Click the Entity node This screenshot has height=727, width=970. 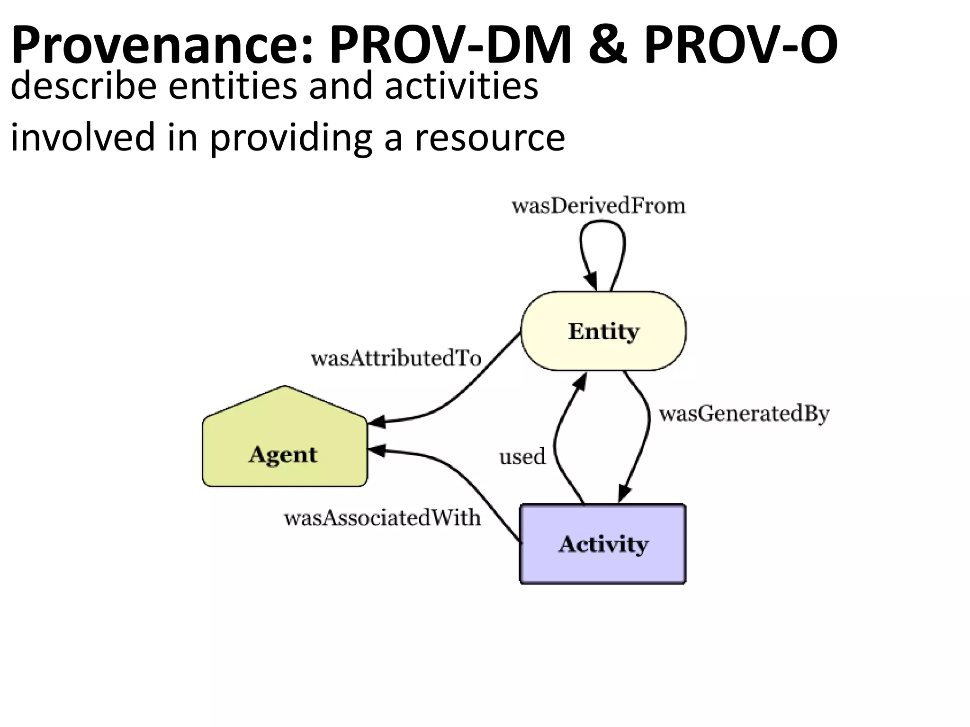coord(603,331)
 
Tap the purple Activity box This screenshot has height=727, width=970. coord(603,544)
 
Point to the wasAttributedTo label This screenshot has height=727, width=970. coord(396,359)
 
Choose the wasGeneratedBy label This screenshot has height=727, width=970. coord(744,414)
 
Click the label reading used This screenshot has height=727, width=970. coord(522,457)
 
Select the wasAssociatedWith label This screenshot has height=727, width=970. coord(382,518)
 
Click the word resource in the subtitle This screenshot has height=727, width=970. coord(490,138)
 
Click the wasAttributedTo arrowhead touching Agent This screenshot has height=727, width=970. coord(377,421)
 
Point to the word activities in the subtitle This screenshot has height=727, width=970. coord(461,87)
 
